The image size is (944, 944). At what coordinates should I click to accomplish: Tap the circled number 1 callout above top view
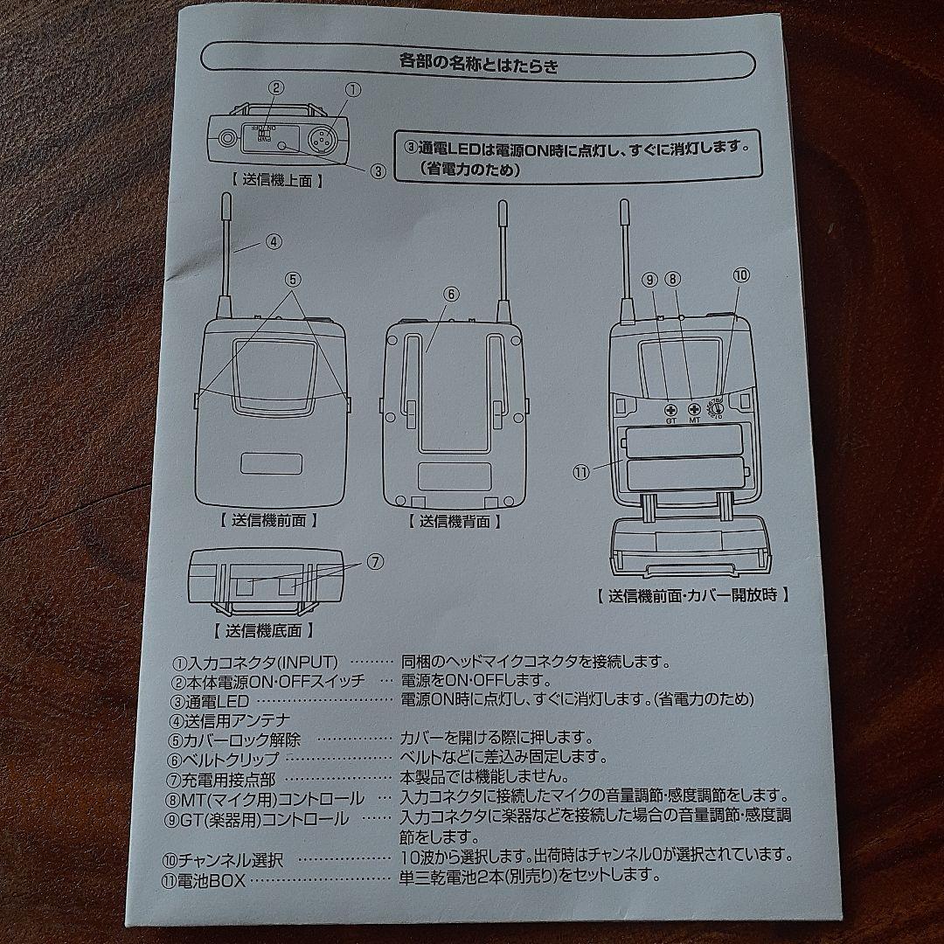(353, 89)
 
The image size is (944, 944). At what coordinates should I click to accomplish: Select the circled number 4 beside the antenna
(274, 242)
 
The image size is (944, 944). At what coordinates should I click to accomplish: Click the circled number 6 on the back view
(451, 295)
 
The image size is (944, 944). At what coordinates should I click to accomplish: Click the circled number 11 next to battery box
(582, 471)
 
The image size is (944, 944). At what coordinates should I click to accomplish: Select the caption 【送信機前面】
(267, 519)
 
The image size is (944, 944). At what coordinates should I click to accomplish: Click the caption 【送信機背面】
(455, 522)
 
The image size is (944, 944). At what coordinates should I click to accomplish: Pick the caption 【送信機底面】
(262, 629)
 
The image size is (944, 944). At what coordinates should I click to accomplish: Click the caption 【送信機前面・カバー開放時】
(693, 595)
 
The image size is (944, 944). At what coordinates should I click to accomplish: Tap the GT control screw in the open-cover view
(671, 409)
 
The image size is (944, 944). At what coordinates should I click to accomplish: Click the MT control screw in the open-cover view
(695, 409)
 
